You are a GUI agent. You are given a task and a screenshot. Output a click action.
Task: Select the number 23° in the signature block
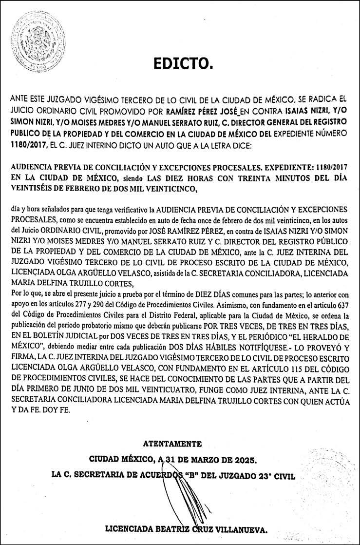(x=266, y=475)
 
